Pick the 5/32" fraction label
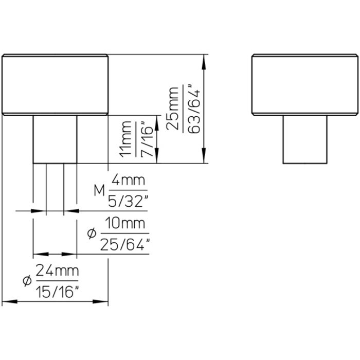[127, 200]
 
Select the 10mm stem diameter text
[125, 225]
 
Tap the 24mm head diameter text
[57, 271]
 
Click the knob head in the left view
[55, 84]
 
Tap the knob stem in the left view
[55, 139]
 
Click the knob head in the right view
[304, 84]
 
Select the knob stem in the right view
[304, 139]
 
